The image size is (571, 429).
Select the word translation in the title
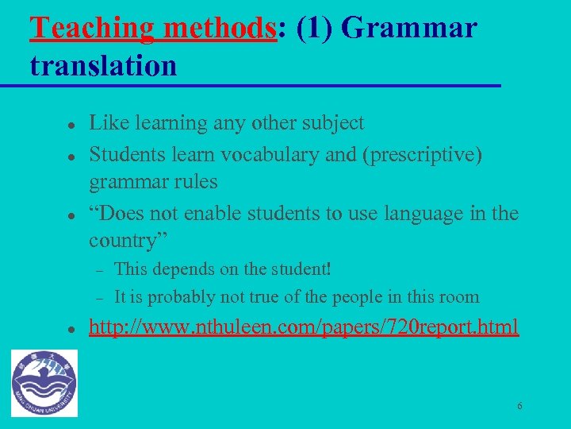[x=103, y=66]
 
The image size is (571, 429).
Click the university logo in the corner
[x=45, y=383]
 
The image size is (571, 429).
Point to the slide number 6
[x=519, y=406]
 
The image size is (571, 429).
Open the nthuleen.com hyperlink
[x=304, y=327]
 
